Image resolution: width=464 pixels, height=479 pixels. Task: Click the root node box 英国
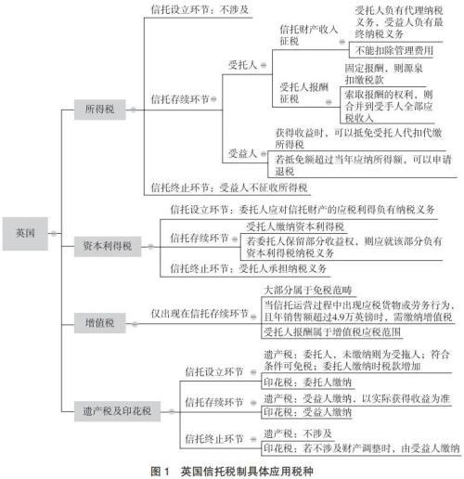[25, 234]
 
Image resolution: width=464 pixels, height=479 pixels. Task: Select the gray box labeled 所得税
[100, 110]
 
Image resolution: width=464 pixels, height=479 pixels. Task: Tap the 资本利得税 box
[108, 246]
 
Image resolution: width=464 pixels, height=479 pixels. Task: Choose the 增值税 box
[100, 323]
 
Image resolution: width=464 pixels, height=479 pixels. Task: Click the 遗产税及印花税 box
[117, 411]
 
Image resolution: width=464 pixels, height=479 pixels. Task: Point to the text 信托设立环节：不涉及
[200, 9]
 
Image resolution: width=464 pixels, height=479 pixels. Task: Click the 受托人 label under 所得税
[243, 65]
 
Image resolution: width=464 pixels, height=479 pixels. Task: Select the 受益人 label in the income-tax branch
[243, 153]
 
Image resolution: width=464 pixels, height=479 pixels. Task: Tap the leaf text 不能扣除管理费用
[394, 50]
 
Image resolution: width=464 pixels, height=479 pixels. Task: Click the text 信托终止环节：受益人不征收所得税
[229, 188]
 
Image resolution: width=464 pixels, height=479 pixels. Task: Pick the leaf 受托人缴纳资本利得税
[295, 227]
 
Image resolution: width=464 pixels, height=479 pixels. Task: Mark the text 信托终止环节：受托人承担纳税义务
[249, 268]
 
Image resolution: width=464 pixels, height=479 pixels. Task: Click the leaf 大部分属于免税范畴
[308, 291]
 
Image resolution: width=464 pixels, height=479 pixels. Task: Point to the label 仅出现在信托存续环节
[200, 314]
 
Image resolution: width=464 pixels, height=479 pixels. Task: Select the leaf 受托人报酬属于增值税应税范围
[332, 332]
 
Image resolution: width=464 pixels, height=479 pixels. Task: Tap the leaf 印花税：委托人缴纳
[308, 382]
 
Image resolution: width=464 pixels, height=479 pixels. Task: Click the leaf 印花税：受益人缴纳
[308, 412]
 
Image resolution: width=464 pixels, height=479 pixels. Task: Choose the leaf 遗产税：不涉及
[298, 434]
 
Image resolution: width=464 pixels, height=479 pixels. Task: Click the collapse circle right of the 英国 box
[54, 233]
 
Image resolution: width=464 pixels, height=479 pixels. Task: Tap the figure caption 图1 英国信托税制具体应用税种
[232, 472]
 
